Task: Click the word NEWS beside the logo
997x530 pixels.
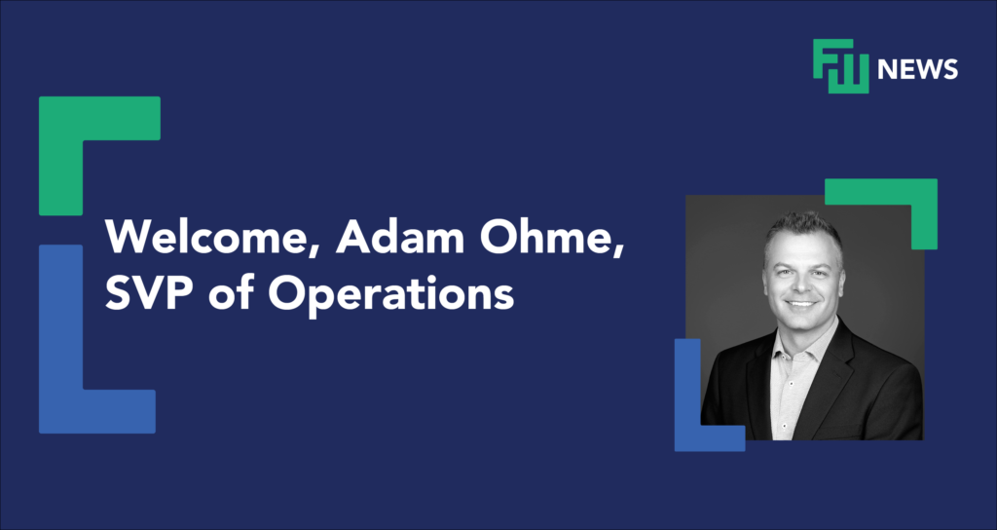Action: (917, 69)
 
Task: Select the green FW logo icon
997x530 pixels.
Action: (840, 66)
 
